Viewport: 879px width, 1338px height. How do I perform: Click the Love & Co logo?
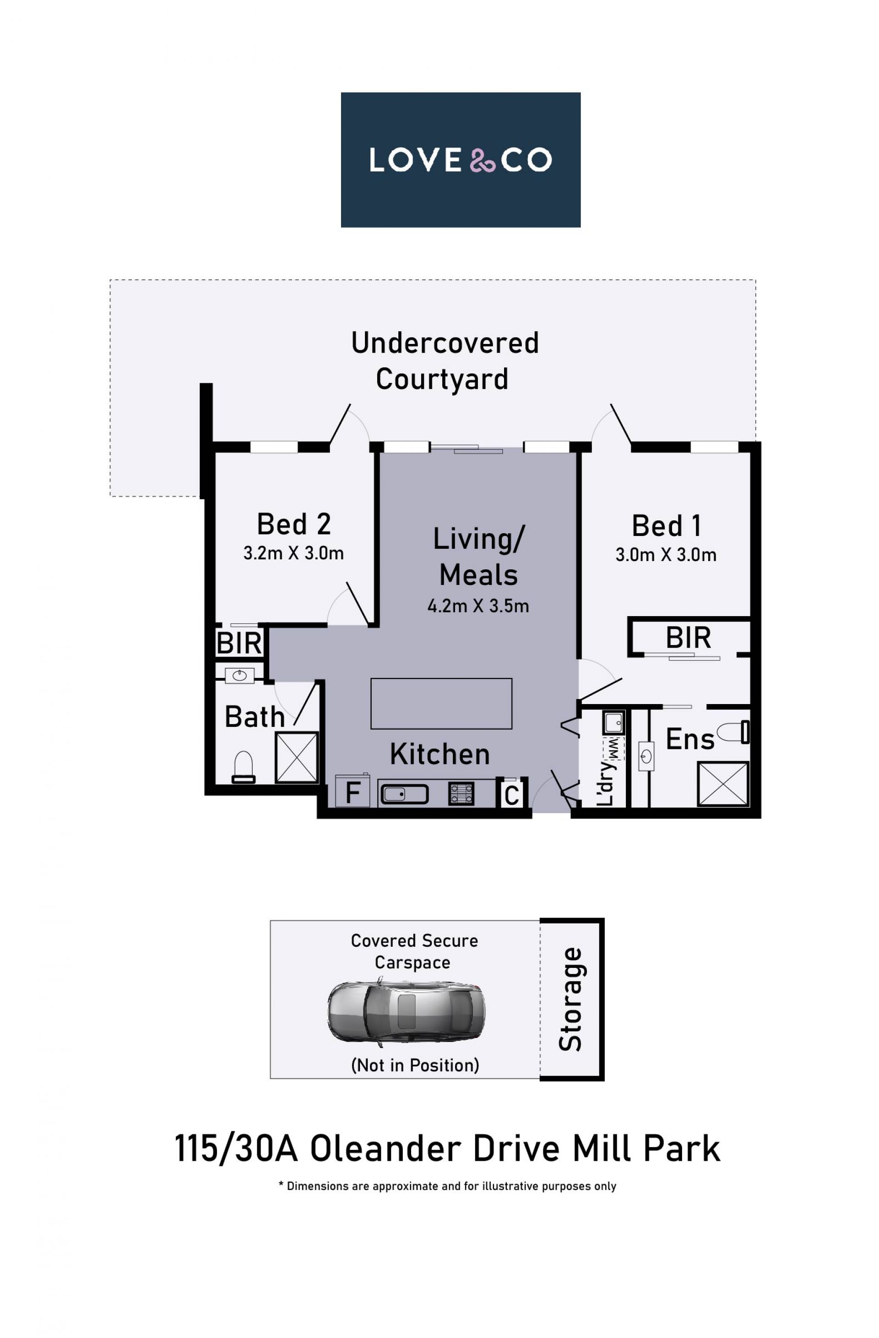pyautogui.click(x=460, y=160)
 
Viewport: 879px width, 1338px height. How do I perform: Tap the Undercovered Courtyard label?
pyautogui.click(x=445, y=360)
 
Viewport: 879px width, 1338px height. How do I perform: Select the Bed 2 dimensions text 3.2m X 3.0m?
pyautogui.click(x=293, y=553)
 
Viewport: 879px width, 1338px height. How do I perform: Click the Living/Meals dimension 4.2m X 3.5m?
pyautogui.click(x=478, y=606)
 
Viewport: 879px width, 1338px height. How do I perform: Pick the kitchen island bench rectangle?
pyautogui.click(x=441, y=703)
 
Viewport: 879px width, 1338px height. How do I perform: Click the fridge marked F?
pyautogui.click(x=353, y=791)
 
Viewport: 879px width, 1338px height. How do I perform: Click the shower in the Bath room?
pyautogui.click(x=297, y=757)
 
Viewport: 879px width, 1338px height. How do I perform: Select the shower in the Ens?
pyautogui.click(x=723, y=784)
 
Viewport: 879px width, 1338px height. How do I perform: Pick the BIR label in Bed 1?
pyautogui.click(x=689, y=638)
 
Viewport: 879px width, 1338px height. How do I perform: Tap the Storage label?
pyautogui.click(x=570, y=999)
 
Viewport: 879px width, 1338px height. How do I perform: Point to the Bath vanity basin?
pyautogui.click(x=239, y=675)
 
